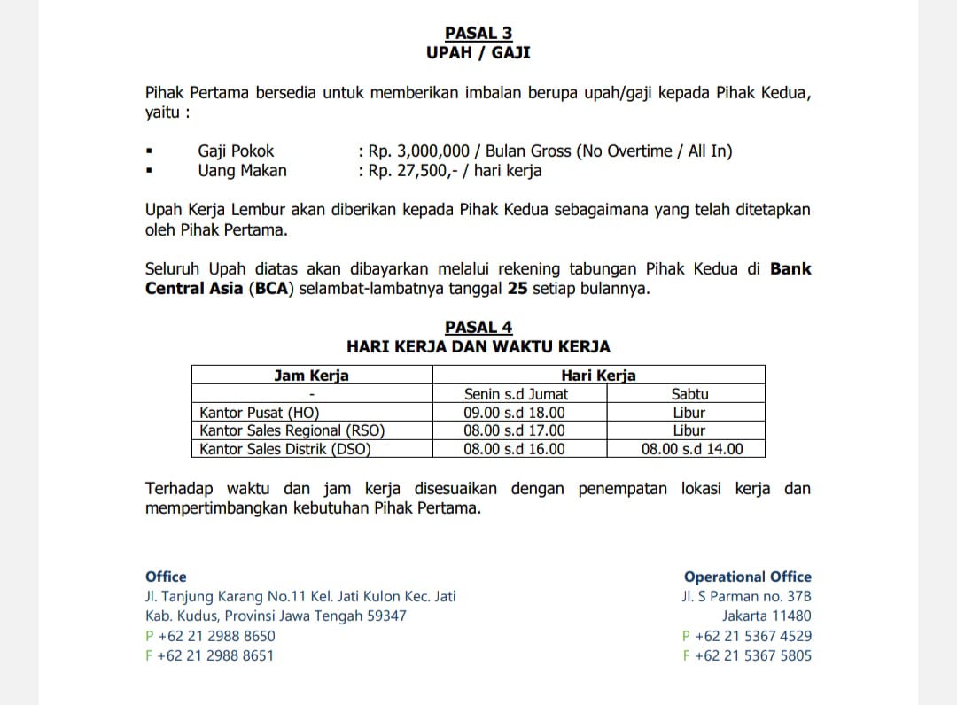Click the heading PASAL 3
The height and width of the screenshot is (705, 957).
coord(478,34)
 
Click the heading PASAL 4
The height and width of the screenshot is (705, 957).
coord(478,328)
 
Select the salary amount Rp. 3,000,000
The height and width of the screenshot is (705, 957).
coord(419,151)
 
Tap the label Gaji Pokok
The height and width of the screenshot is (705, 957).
coord(236,151)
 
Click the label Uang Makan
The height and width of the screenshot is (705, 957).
coord(242,171)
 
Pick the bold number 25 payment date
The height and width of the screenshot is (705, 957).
coord(517,289)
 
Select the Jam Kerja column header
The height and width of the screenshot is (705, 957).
coord(311,376)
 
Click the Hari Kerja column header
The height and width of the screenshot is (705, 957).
coord(598,376)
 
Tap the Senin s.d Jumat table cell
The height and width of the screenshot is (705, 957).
coord(516,394)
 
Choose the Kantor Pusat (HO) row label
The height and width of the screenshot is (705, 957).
coord(259,413)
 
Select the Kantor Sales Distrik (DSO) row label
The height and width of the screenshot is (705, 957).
coord(284,449)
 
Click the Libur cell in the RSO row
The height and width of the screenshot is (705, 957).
coord(689,431)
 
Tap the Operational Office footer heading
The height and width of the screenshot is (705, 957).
coord(747,577)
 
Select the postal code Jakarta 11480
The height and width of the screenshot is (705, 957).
coord(766,616)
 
